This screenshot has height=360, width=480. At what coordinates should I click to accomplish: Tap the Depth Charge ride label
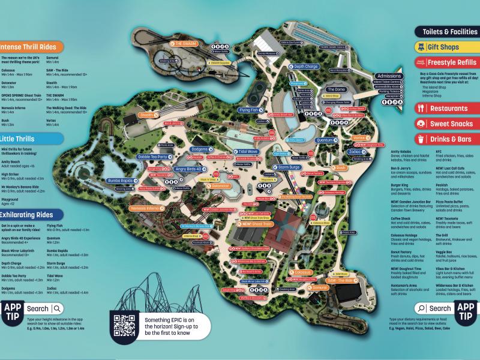click(305, 67)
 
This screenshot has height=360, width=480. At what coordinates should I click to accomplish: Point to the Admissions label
click(386, 76)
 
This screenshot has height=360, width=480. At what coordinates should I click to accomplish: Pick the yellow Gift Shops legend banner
click(446, 47)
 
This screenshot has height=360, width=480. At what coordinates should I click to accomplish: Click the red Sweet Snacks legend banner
click(446, 124)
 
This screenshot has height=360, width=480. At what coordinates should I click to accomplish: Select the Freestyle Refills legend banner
click(446, 62)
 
